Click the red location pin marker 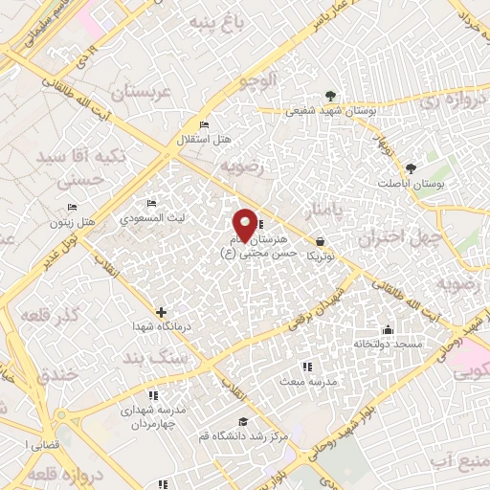point(245,224)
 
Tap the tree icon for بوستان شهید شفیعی point(330,96)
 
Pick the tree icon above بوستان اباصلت point(412,167)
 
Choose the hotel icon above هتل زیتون point(73,209)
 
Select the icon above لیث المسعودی point(151,204)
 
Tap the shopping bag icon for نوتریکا point(319,241)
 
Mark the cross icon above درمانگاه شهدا point(161,312)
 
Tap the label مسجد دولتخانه point(382,343)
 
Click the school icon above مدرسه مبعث point(306,367)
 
